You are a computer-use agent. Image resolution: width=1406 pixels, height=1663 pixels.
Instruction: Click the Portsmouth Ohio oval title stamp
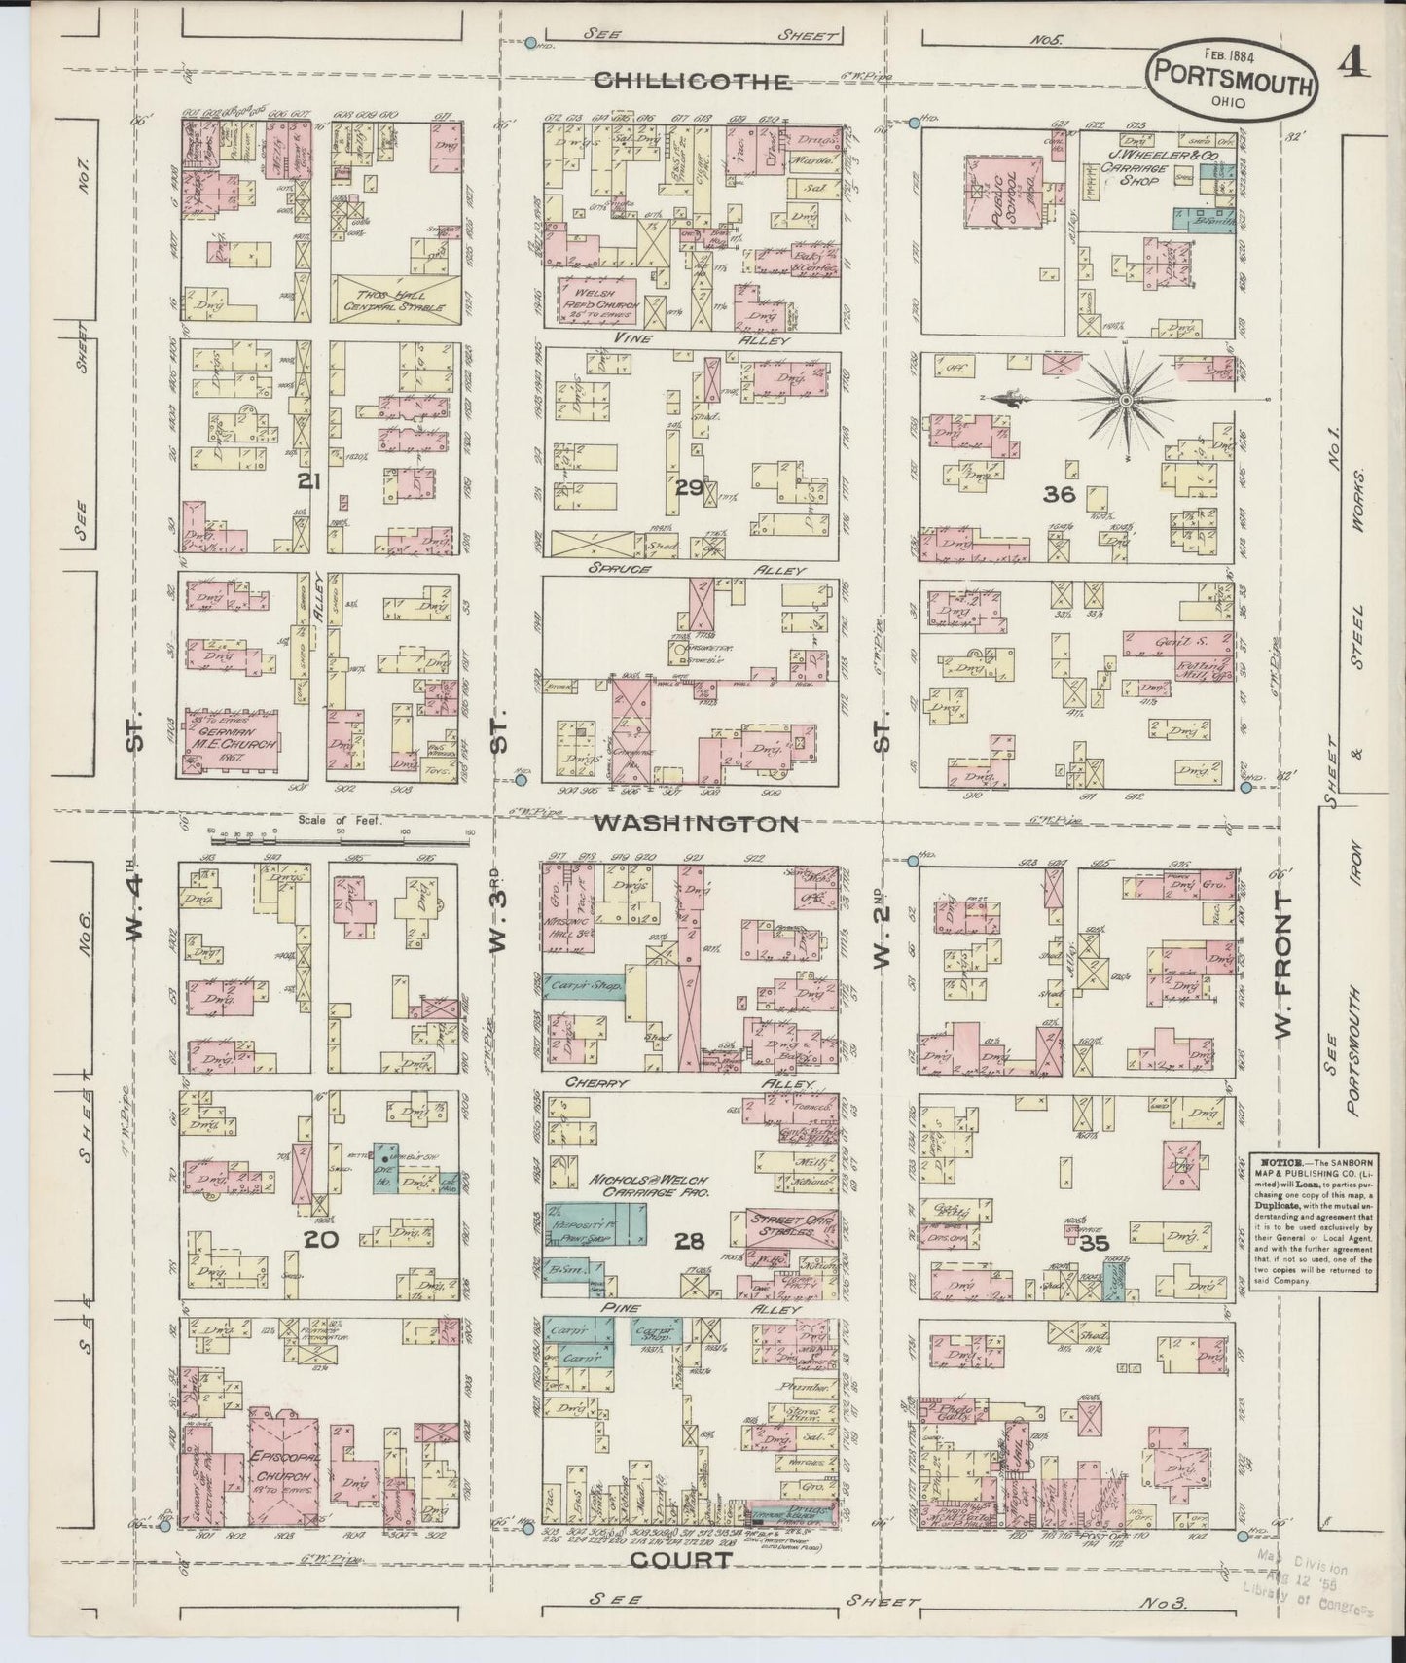coord(1233,85)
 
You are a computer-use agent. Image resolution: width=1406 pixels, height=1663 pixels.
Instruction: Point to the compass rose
coord(1126,399)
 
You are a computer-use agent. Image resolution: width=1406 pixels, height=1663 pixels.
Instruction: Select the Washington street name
coord(696,824)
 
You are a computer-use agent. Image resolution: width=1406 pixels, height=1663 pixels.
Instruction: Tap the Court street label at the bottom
coord(680,1560)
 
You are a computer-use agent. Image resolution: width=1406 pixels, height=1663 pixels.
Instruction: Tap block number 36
coord(1059,494)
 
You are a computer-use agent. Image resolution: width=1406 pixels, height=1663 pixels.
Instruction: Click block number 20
coord(320,1240)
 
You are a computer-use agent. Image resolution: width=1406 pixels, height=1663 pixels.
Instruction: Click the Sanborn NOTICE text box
coord(1312,1221)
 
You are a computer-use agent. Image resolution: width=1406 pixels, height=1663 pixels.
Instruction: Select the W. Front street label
coord(1283,973)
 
